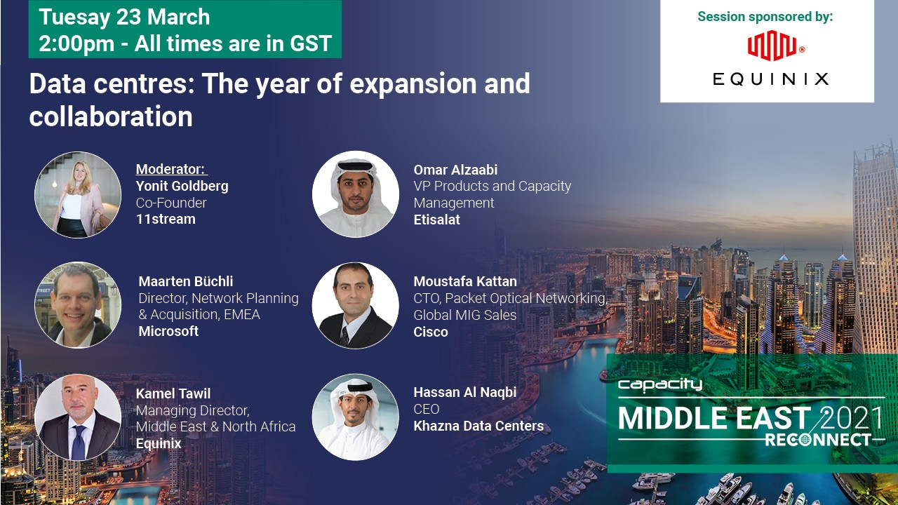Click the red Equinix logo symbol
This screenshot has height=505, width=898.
click(x=772, y=46)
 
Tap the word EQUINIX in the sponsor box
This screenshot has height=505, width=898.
click(x=770, y=79)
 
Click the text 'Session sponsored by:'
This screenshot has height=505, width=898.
click(x=765, y=16)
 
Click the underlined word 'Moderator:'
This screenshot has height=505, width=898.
click(x=171, y=169)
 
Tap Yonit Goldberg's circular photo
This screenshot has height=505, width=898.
click(x=78, y=194)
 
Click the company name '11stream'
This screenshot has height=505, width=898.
click(x=166, y=219)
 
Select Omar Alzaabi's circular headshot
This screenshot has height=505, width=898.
click(x=355, y=194)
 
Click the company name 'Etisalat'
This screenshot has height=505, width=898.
click(x=437, y=220)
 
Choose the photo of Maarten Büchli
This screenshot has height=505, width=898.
click(x=78, y=305)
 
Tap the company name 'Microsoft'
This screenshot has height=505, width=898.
click(x=168, y=331)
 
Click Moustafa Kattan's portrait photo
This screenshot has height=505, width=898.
click(x=355, y=305)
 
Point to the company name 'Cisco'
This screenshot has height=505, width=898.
click(x=431, y=332)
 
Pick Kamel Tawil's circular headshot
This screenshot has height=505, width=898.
click(x=78, y=417)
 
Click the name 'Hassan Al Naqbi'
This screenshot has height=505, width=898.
click(x=465, y=392)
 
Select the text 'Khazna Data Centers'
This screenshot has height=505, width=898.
click(x=478, y=426)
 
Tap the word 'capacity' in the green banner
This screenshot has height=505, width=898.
click(x=659, y=384)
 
